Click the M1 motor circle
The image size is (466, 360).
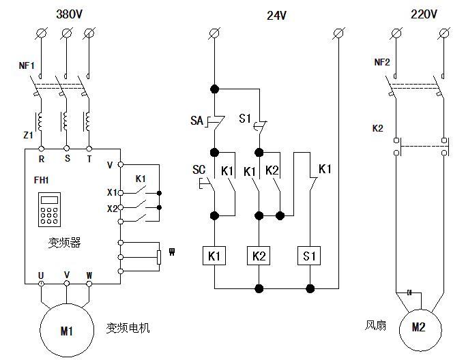coord(66,331)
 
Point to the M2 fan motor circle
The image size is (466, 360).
coord(418,327)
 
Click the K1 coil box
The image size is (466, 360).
coord(214,256)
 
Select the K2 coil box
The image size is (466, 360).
coord(259,256)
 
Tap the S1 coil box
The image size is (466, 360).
coord(310,256)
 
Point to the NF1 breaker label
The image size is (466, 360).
coord(27,66)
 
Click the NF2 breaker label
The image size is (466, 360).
coord(382,62)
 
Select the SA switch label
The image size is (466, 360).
coord(196,120)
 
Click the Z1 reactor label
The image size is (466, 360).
coord(28,135)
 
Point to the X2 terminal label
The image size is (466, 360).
coord(112,208)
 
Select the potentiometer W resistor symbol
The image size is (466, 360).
coord(159,256)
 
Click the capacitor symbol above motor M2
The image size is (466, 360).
coord(409,292)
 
